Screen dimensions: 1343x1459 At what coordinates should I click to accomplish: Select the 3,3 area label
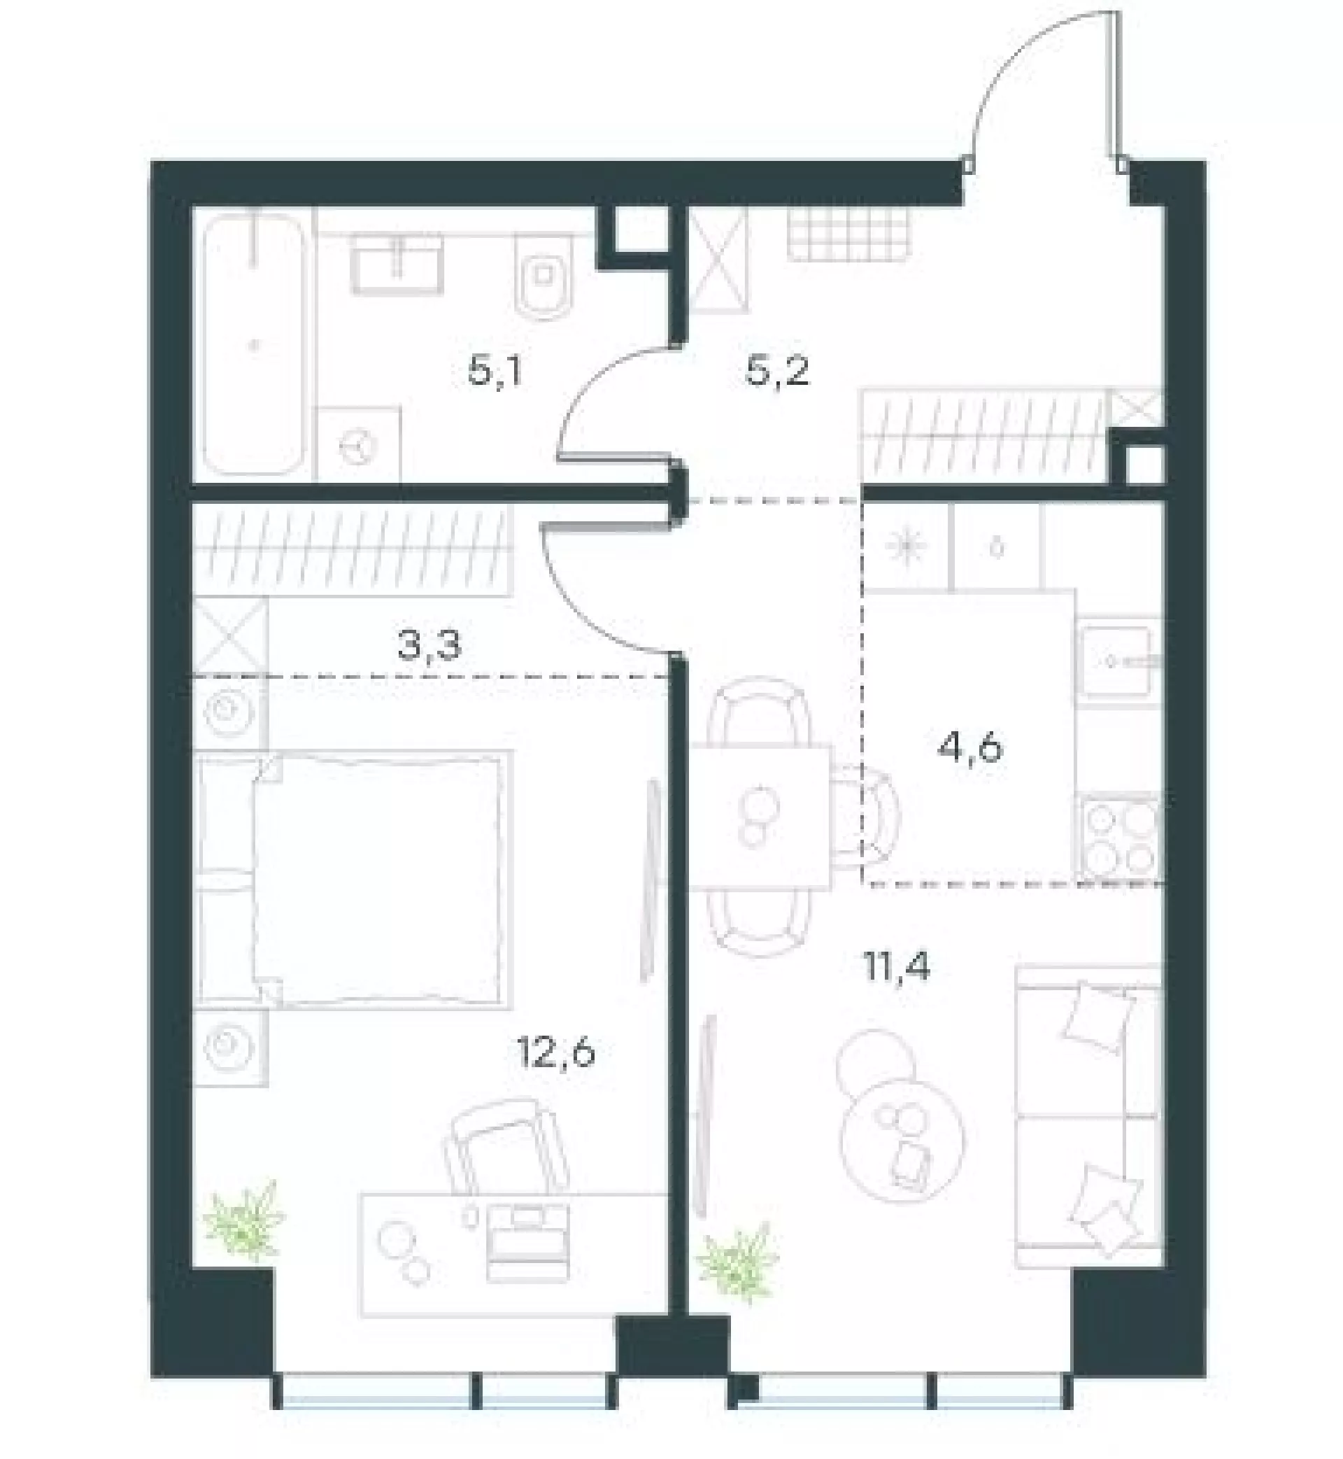click(430, 644)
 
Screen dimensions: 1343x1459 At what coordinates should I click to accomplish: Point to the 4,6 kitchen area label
click(971, 747)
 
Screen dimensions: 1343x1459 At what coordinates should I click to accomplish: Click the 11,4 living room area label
click(896, 968)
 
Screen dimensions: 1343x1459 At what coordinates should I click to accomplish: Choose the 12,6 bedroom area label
click(556, 1052)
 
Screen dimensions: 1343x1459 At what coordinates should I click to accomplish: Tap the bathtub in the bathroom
click(253, 344)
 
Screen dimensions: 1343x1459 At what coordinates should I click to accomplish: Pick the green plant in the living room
click(737, 1272)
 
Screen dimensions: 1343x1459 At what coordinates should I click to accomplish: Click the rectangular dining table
click(760, 817)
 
